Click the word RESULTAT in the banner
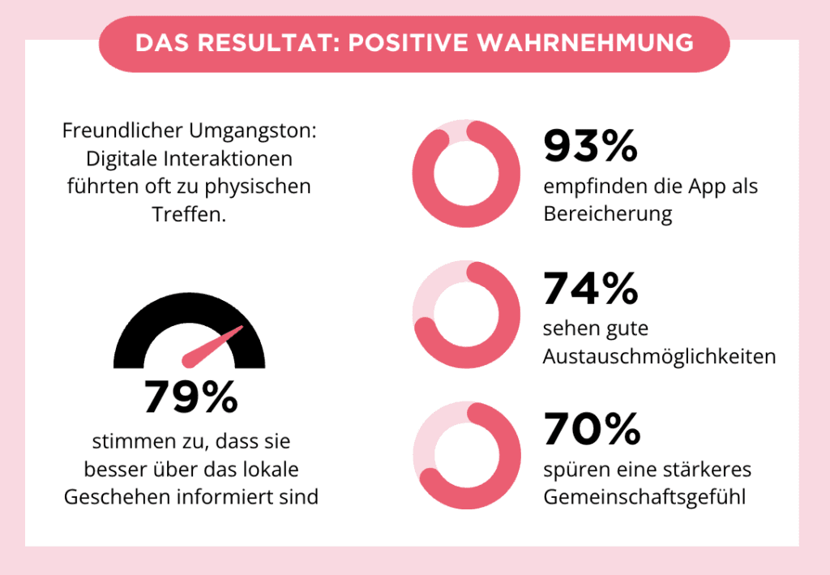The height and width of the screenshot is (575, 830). (x=269, y=43)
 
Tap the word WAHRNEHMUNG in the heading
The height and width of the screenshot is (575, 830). (x=585, y=43)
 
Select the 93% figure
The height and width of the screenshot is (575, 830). (x=591, y=146)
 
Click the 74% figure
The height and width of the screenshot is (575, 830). (x=591, y=289)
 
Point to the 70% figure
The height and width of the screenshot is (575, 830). (x=592, y=428)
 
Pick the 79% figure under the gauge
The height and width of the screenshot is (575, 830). (x=191, y=397)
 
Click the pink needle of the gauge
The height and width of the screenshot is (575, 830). (x=212, y=347)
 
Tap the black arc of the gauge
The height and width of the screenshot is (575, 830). (x=189, y=304)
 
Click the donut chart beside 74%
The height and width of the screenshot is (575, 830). (x=508, y=315)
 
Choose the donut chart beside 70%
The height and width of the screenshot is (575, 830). (x=508, y=455)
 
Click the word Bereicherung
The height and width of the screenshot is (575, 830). (x=608, y=214)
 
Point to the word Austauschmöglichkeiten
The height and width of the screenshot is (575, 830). (x=660, y=356)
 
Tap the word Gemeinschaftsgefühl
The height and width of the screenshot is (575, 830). (x=644, y=496)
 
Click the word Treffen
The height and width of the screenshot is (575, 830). (x=189, y=214)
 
